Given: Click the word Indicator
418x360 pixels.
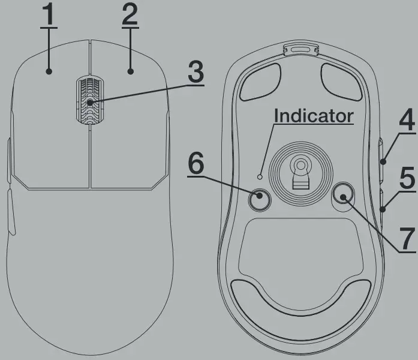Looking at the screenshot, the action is [x=313, y=116].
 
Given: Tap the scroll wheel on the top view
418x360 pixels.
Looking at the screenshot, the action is [x=89, y=102].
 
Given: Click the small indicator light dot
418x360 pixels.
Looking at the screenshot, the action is [x=260, y=176].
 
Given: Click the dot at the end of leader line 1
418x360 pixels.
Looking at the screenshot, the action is [x=49, y=71].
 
